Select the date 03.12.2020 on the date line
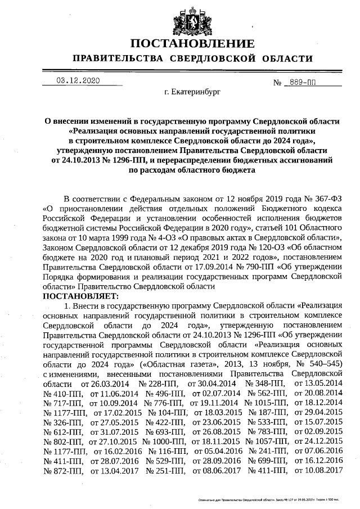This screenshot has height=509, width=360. coord(78,80)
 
